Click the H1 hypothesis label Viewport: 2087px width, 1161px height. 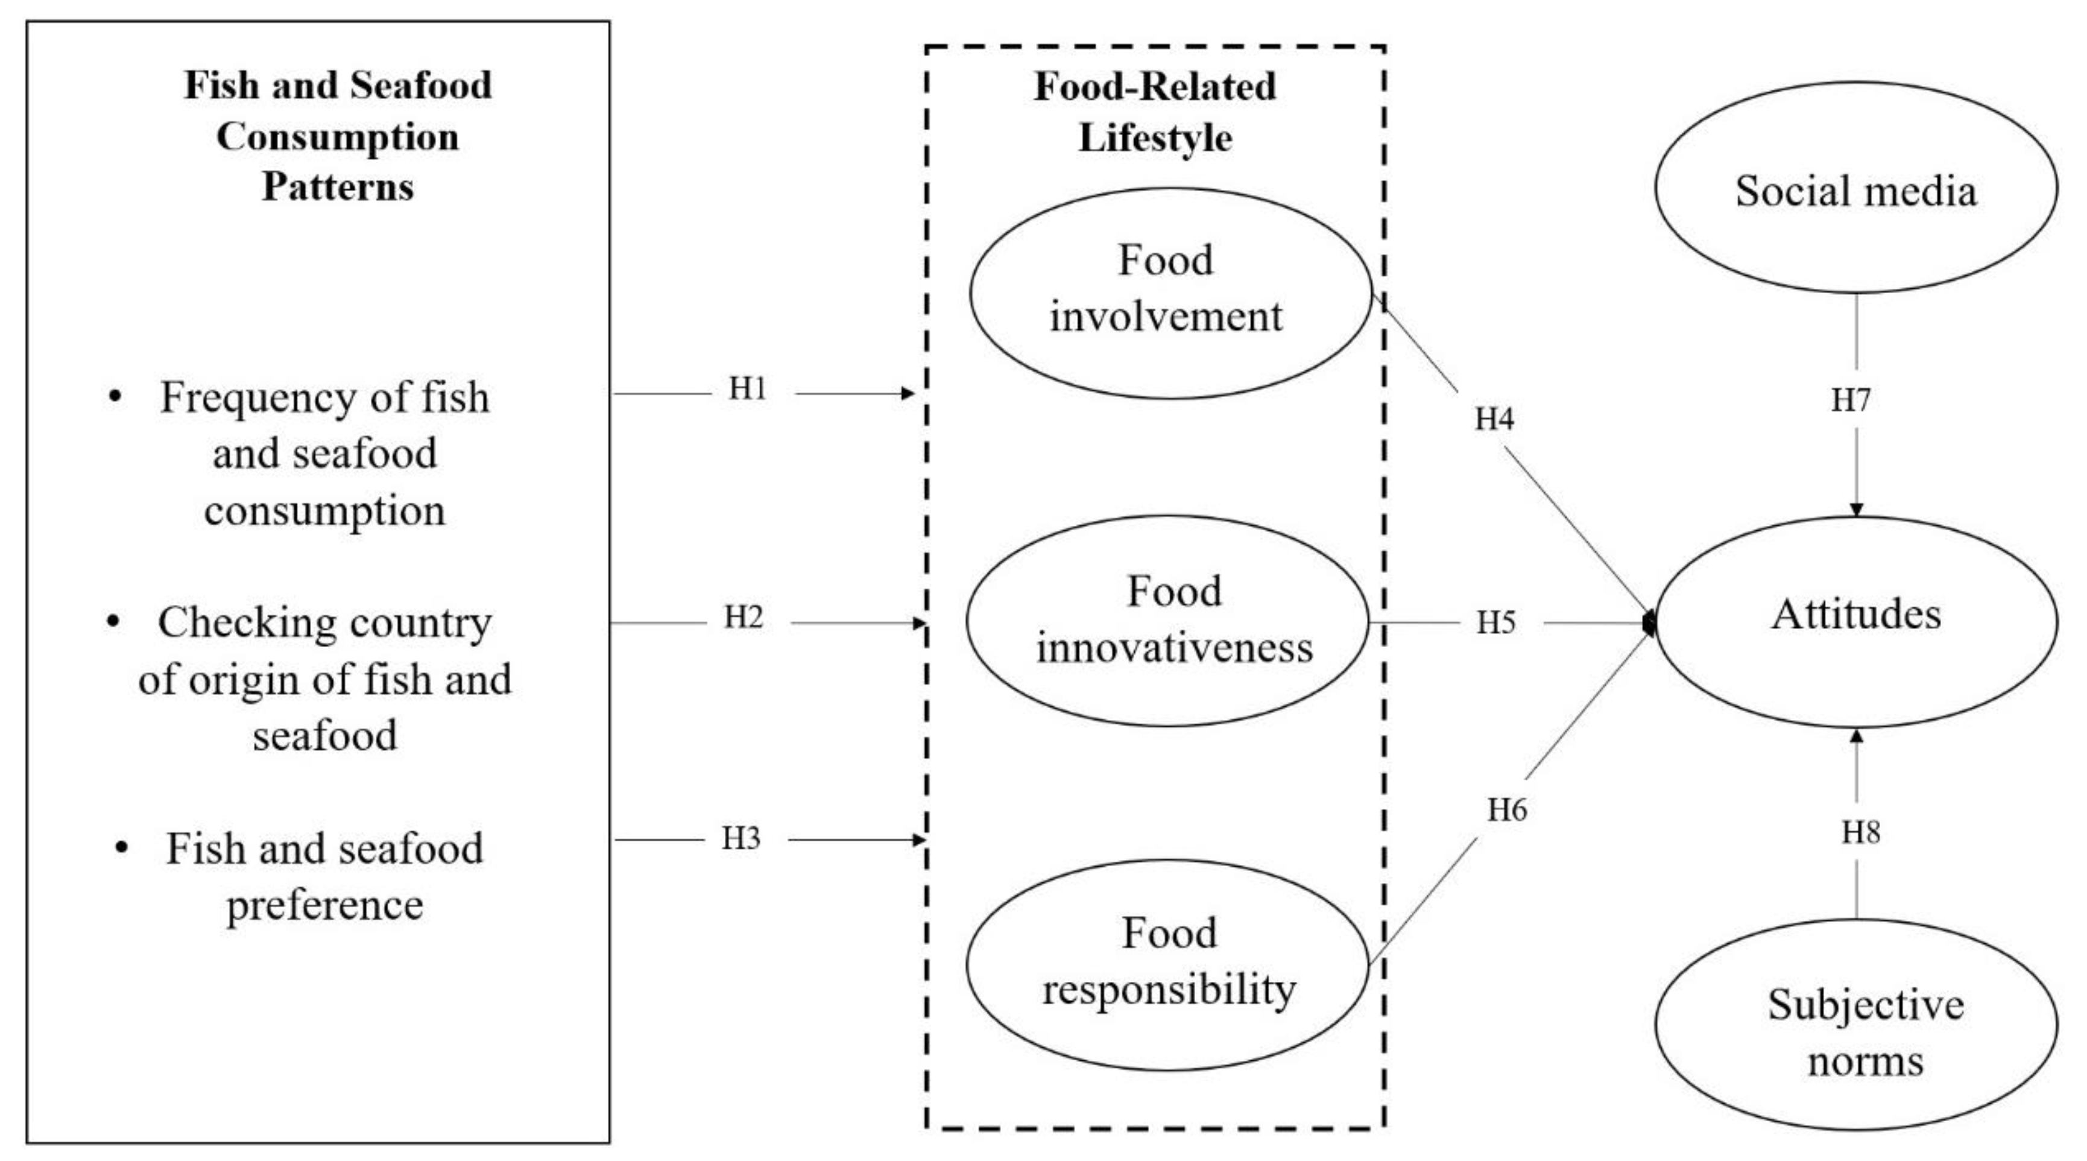pos(747,390)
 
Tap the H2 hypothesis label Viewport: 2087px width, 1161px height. pos(743,618)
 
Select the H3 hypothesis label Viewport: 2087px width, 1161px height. pos(740,838)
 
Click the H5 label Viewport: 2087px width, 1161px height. pos(1495,622)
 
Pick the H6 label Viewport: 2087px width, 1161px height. pos(1507,809)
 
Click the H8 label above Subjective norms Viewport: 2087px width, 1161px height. pos(1860,832)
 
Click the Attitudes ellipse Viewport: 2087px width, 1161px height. pos(1855,621)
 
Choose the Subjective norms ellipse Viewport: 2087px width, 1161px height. pos(1855,1025)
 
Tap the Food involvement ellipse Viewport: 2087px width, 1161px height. pos(1169,293)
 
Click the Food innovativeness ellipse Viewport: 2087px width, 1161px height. pos(1167,621)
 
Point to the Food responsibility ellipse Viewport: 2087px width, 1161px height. pos(1167,964)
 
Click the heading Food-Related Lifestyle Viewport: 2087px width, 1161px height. pos(1155,111)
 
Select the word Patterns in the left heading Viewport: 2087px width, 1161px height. pos(338,187)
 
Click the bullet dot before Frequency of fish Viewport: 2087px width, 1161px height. pos(115,397)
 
